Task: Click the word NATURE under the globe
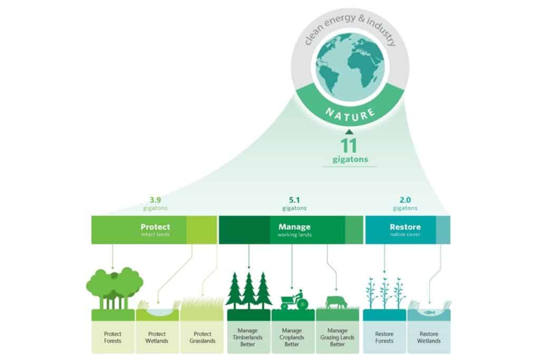coord(350,112)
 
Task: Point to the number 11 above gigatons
coord(349,146)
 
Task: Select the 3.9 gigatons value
coord(155,201)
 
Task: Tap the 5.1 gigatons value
coord(295,201)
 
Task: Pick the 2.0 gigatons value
coord(405,201)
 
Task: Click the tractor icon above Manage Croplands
coord(293,300)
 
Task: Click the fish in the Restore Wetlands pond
coord(429,312)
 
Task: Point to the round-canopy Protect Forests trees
coord(114,287)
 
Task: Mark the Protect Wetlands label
coord(157,337)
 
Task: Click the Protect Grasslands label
coord(202,337)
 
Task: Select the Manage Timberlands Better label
coord(248,337)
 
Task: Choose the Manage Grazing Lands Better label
coord(337,337)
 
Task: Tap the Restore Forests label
coord(384,337)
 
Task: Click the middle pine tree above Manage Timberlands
coord(249,290)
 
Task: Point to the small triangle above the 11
coord(349,132)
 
